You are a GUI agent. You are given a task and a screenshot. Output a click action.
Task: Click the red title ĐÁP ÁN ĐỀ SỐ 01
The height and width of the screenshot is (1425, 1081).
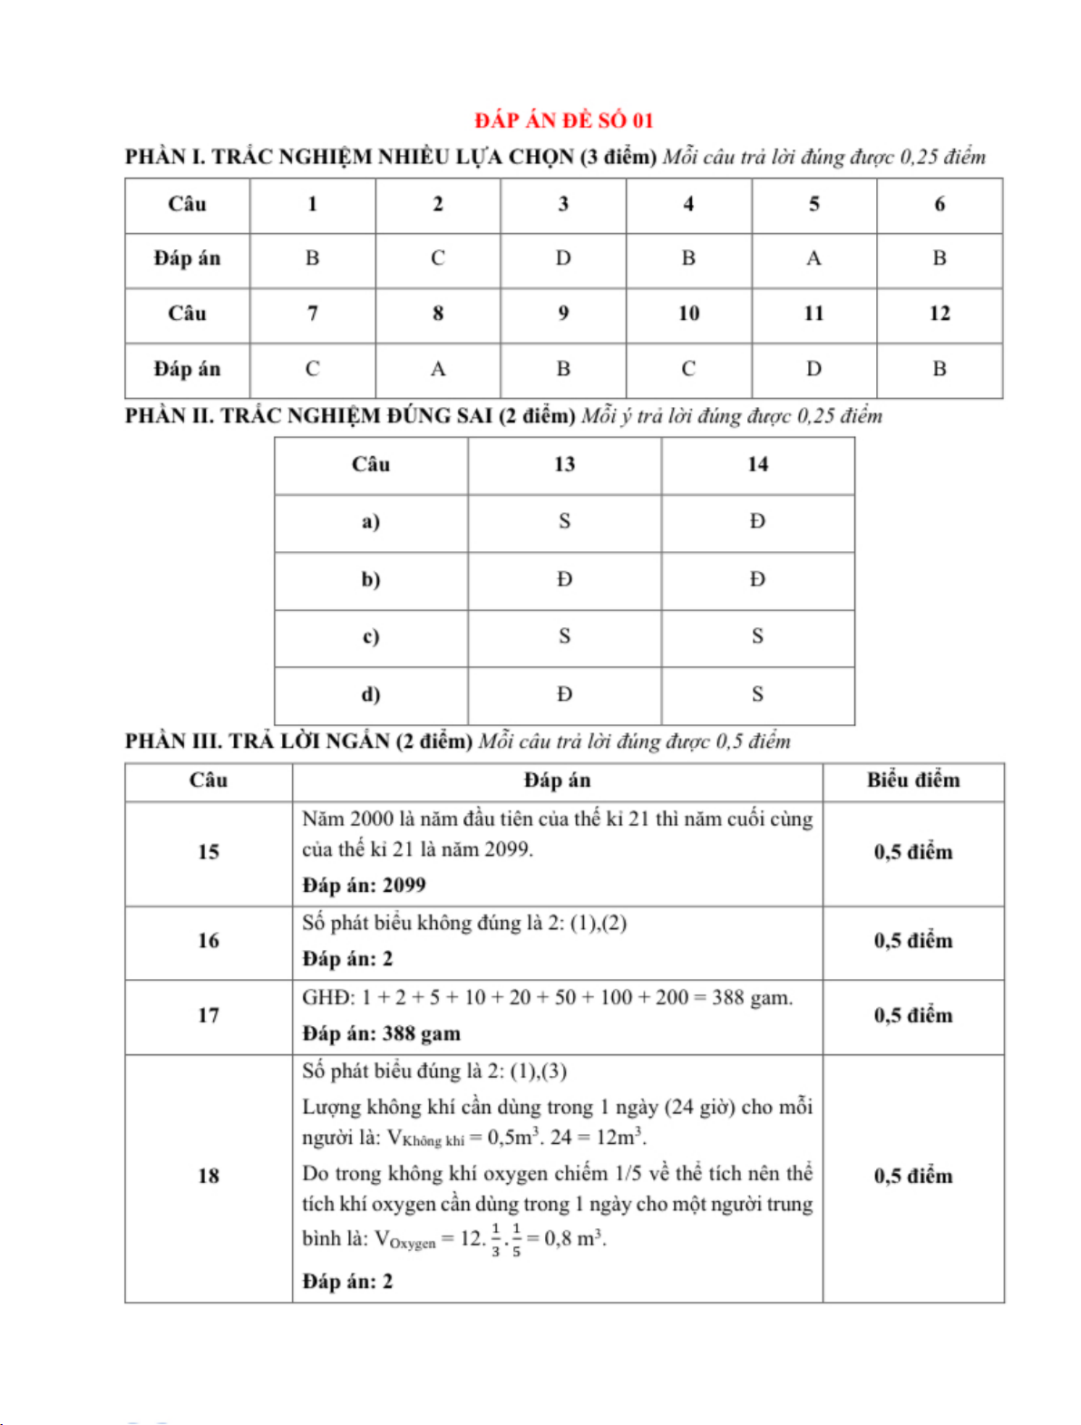(563, 121)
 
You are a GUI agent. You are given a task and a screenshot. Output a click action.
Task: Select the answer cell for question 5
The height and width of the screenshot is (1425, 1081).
(813, 259)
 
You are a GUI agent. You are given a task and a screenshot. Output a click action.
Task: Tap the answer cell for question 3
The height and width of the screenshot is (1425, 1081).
(563, 259)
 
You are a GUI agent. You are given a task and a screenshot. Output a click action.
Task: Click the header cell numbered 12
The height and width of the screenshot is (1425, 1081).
(939, 314)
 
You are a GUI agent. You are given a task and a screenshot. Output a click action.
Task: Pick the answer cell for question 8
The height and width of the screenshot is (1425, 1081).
(438, 369)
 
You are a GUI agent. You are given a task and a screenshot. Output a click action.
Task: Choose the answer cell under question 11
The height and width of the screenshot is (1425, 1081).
(813, 369)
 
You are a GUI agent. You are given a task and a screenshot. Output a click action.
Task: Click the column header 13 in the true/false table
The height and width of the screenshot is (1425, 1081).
(564, 465)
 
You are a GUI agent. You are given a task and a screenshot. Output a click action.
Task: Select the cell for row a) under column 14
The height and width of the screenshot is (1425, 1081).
(757, 522)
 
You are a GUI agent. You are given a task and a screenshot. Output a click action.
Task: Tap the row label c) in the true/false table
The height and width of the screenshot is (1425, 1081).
(371, 637)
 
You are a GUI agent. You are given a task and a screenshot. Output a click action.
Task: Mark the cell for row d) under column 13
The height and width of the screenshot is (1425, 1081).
(564, 695)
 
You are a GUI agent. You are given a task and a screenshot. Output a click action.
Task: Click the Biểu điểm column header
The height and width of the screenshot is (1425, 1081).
(912, 780)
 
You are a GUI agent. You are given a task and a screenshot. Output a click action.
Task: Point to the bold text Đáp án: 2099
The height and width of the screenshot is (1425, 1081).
(364, 886)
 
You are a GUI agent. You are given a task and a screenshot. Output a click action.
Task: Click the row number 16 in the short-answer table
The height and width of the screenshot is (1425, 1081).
(209, 941)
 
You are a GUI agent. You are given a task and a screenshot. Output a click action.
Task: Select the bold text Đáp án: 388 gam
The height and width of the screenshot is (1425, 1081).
(381, 1034)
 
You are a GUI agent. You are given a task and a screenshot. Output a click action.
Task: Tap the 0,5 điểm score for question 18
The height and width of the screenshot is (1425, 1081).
(912, 1177)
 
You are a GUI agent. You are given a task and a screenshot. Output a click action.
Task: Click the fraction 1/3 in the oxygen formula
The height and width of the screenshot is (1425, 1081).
(495, 1239)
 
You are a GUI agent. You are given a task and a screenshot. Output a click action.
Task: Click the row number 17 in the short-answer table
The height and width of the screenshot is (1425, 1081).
(209, 1016)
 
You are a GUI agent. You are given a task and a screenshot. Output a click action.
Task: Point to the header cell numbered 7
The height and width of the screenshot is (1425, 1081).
(312, 314)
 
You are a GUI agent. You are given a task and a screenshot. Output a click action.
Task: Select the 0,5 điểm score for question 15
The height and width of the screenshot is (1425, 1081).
(912, 853)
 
